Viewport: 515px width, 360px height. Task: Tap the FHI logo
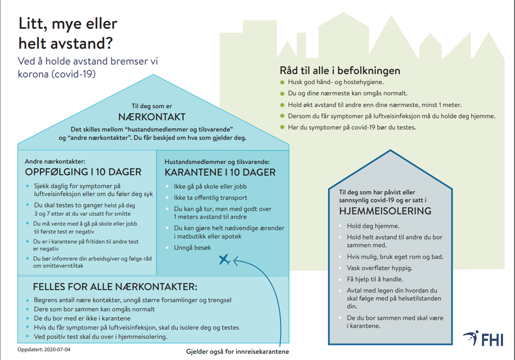click(x=483, y=338)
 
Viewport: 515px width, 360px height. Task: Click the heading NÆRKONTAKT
click(x=152, y=117)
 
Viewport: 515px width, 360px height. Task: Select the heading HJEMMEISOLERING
click(x=385, y=211)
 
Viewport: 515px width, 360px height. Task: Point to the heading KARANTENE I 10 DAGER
click(x=220, y=172)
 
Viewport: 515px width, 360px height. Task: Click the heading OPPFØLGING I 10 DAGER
click(x=83, y=172)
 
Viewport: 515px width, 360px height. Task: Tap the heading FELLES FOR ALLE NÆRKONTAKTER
click(x=115, y=287)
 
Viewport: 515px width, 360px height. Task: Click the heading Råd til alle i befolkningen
click(x=340, y=70)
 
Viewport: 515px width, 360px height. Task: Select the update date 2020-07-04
click(x=44, y=350)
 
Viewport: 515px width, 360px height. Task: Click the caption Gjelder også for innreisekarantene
click(x=237, y=351)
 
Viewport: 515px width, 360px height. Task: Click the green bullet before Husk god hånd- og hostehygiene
click(x=282, y=82)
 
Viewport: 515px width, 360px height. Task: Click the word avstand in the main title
click(x=86, y=43)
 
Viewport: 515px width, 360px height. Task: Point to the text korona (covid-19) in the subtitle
click(x=57, y=73)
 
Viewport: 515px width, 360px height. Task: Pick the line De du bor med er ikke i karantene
click(x=82, y=318)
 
